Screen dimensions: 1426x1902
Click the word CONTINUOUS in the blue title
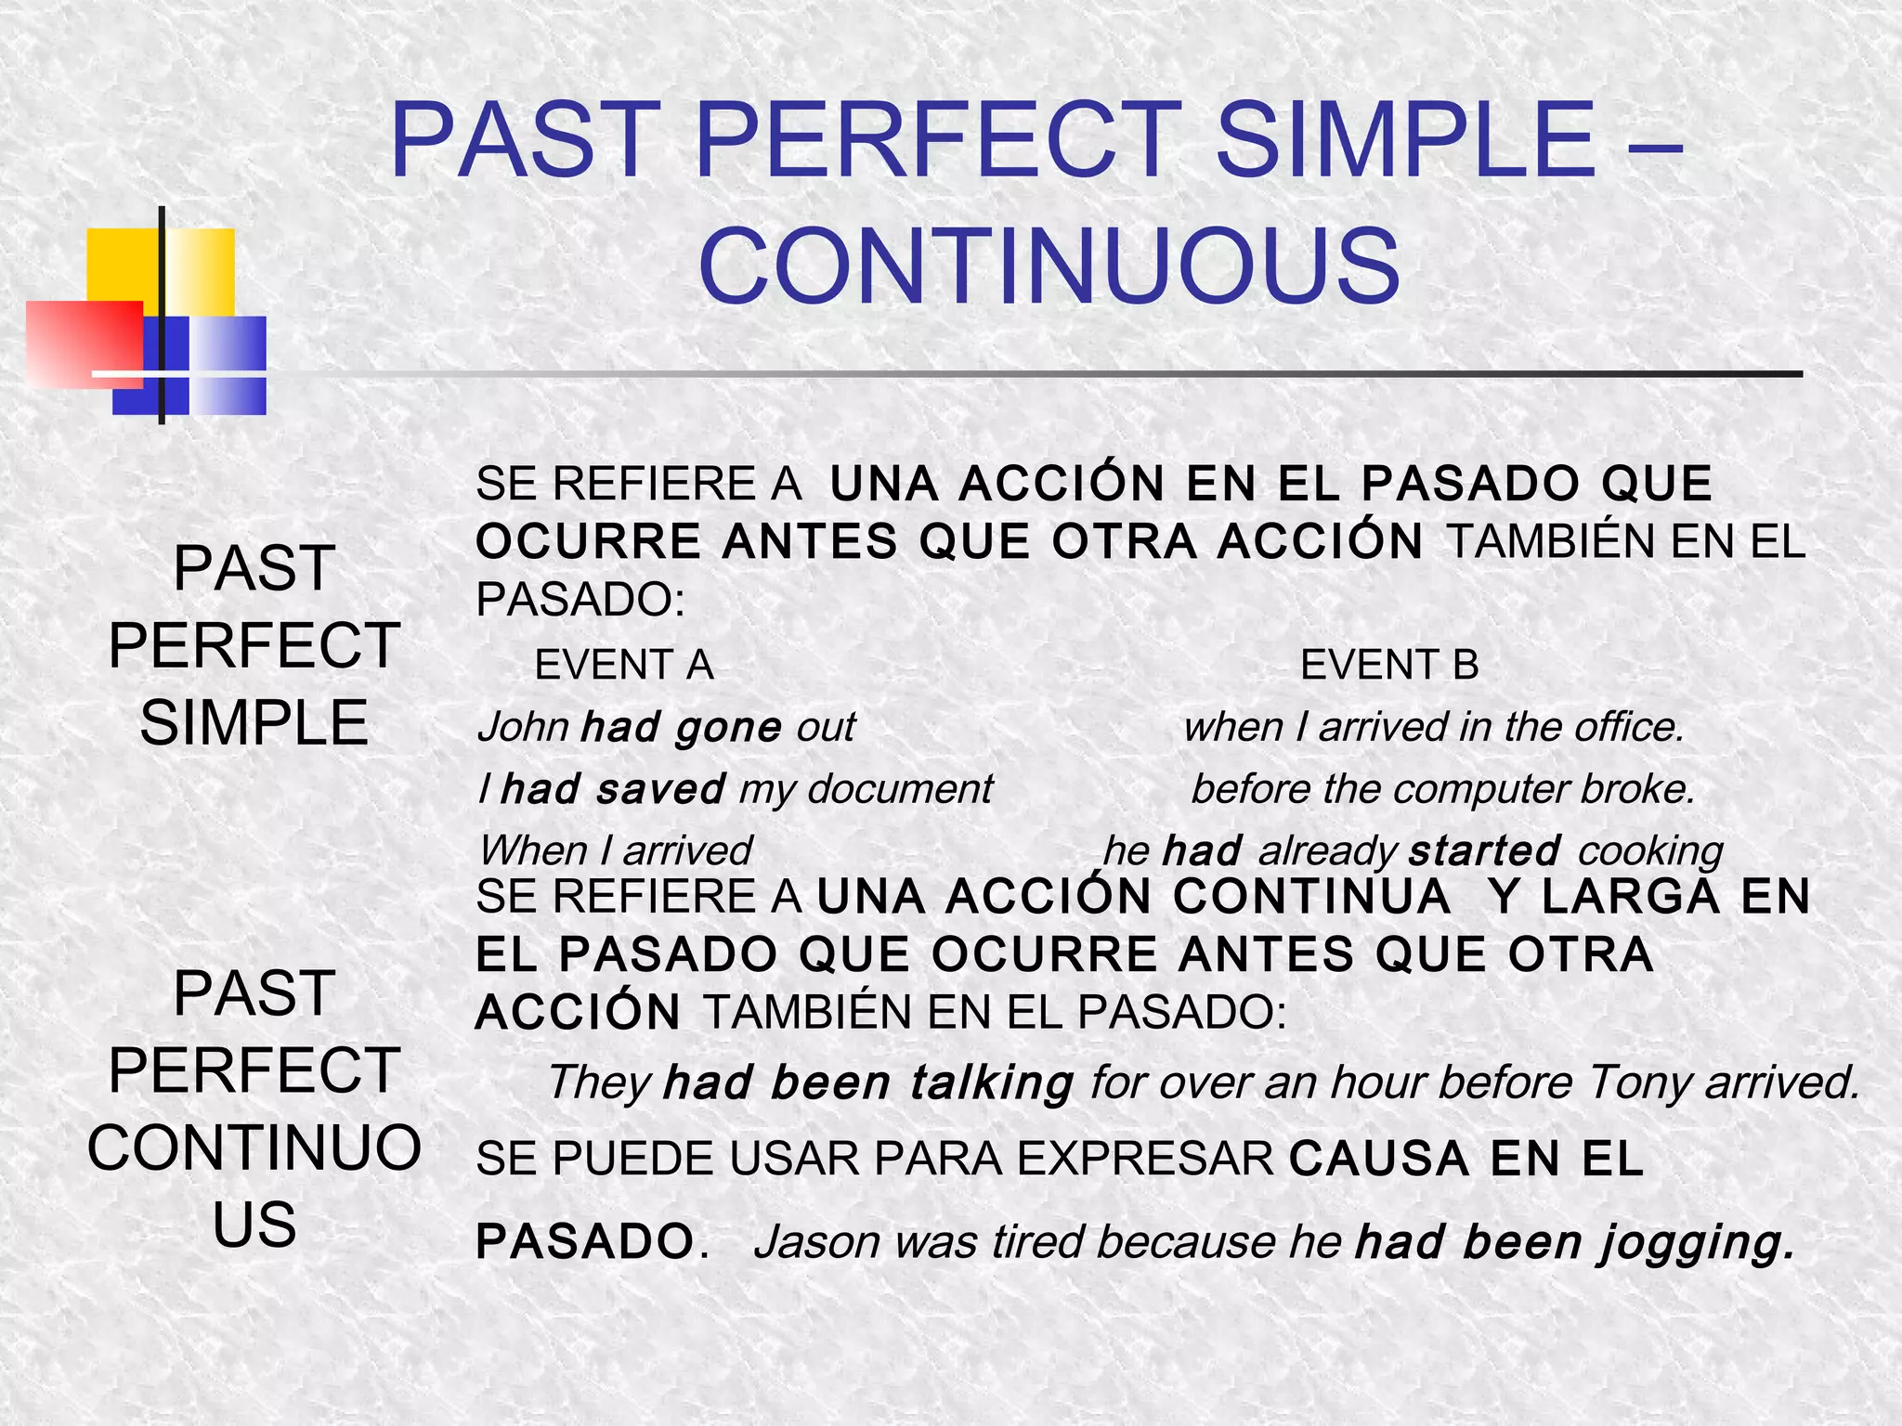(x=1049, y=266)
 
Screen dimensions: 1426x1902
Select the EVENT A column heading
(x=624, y=665)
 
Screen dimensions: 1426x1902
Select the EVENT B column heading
(x=1389, y=665)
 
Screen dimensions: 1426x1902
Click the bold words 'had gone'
(x=681, y=727)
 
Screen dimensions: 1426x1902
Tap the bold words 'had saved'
(x=613, y=789)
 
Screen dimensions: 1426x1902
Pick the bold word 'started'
(x=1484, y=850)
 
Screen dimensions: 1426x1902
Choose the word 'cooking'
(x=1649, y=850)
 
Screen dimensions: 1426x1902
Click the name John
(x=523, y=727)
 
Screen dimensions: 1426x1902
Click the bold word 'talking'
(x=991, y=1083)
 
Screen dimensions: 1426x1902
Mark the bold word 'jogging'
(x=1698, y=1243)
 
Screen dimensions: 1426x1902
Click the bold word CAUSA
(x=1379, y=1159)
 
